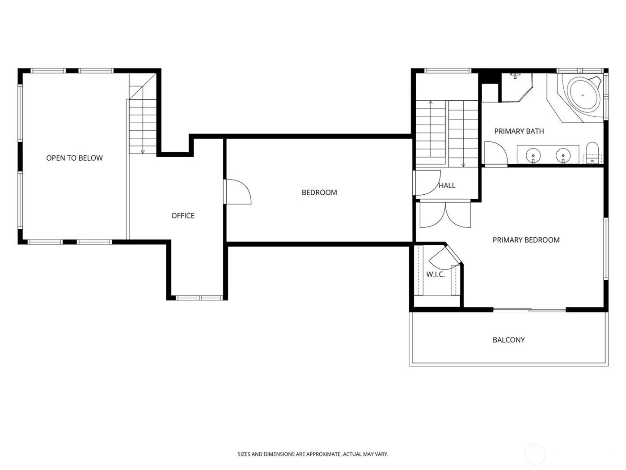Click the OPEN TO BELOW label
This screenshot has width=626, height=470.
74,158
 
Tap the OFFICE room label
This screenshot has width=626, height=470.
183,216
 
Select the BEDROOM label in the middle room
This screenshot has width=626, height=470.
319,192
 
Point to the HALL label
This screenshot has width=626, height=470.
447,186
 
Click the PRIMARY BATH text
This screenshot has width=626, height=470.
519,131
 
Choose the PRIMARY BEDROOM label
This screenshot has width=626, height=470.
526,240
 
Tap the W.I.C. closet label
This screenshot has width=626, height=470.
435,274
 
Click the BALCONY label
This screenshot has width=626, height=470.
508,340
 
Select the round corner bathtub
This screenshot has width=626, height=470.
583,95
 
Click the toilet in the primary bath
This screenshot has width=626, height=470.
592,152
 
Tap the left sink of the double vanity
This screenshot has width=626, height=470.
533,155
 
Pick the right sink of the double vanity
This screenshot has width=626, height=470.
563,155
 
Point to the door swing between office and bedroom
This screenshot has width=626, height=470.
237,192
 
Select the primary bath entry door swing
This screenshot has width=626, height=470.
495,154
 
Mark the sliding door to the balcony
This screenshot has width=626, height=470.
530,309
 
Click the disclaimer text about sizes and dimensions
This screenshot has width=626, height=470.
313,454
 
